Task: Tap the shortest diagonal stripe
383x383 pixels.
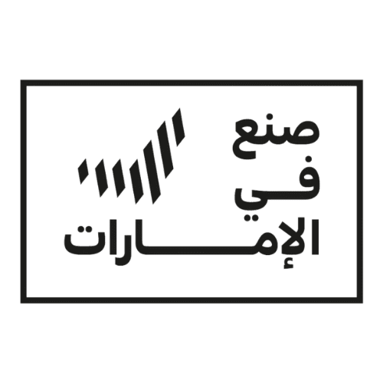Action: pyautogui.click(x=83, y=171)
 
